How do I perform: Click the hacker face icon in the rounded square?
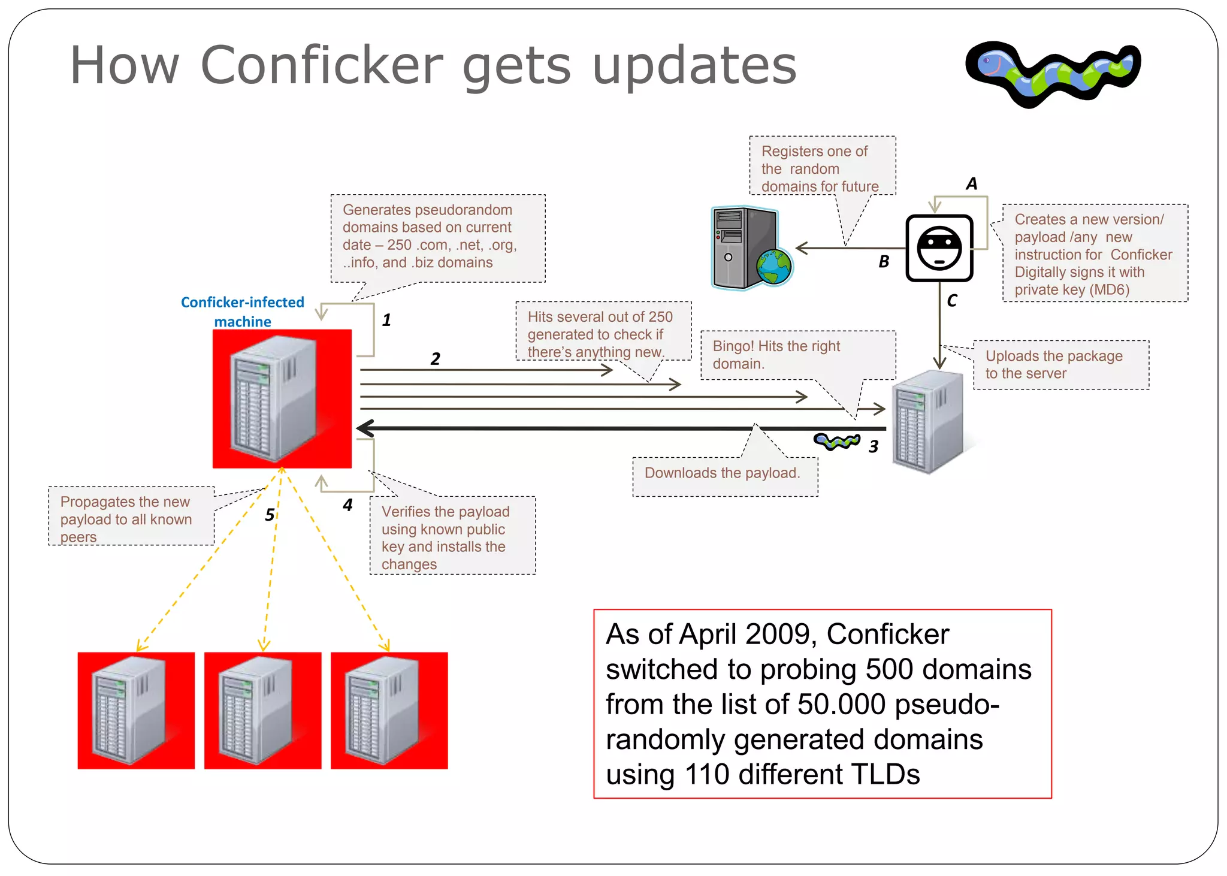[x=939, y=248]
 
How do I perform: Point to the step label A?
[x=971, y=183]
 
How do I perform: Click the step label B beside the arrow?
[x=884, y=261]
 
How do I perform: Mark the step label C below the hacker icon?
[x=951, y=300]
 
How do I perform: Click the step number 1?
[x=386, y=320]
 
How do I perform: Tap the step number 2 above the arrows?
[x=435, y=359]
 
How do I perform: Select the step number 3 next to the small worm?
[x=874, y=446]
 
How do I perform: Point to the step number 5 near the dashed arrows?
[x=270, y=515]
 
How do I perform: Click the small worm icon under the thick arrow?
[x=836, y=442]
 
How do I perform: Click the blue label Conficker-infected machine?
[x=243, y=312]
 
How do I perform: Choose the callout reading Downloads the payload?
[x=723, y=473]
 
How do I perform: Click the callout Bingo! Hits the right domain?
[x=776, y=355]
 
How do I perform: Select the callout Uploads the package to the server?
[x=1054, y=364]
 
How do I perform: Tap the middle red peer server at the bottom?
[x=262, y=710]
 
